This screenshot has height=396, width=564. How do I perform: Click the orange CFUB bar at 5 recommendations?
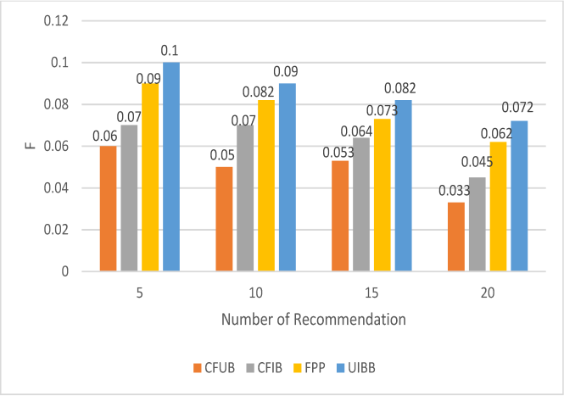coord(109,209)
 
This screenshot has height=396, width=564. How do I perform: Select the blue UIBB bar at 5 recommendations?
coord(171,167)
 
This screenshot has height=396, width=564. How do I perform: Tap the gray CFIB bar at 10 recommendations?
coord(245,198)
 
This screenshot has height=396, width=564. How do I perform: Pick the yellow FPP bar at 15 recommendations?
coord(383,195)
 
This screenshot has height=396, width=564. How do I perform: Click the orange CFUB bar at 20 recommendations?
coord(456,237)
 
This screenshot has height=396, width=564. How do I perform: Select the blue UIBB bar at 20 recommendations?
coord(519,196)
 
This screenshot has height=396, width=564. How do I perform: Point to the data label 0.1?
coord(170,51)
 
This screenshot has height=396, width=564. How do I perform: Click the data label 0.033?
coord(455,191)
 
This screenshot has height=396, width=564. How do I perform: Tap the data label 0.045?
coord(477,162)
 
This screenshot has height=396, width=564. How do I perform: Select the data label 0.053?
coord(338,153)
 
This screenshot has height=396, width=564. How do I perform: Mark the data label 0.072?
coord(517,107)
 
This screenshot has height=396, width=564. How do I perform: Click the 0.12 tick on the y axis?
coord(56,21)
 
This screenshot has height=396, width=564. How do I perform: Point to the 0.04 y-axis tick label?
coord(56,188)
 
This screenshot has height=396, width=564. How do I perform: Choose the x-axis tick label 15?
coord(372,293)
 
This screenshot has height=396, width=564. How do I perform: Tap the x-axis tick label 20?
coord(488,293)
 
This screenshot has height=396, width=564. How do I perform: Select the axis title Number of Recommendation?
coord(314,320)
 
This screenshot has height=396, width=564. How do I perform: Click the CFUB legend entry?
coord(214,368)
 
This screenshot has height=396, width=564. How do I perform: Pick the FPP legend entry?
coord(310,368)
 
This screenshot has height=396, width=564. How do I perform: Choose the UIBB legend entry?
coord(355,368)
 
